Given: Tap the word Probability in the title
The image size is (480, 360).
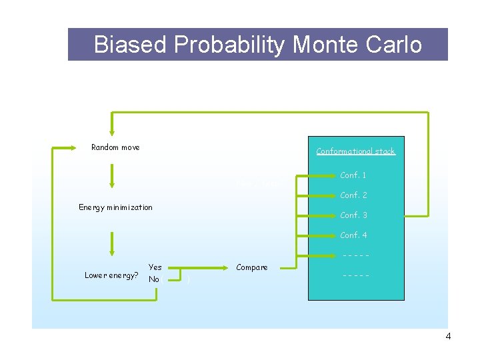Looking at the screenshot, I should tap(230, 45).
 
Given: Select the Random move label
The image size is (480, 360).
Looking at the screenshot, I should tap(115, 147).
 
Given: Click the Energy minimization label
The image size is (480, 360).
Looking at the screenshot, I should tap(115, 207).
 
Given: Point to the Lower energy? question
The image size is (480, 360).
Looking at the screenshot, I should tap(111, 275).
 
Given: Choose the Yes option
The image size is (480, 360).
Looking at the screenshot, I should tap(155, 267).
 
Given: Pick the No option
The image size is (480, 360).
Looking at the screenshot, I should tap(154, 279).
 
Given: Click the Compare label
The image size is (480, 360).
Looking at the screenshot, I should tap(252, 267).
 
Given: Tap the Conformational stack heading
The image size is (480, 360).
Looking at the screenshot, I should tap(355, 151).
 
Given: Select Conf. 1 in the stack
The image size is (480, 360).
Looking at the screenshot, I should tap(353, 176).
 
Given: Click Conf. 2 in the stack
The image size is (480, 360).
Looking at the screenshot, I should tap(353, 196).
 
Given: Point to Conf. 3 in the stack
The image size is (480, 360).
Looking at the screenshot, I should tap(353, 215).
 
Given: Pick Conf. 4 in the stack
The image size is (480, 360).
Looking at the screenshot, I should tap(353, 235).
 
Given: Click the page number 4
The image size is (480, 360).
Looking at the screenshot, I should tap(448, 337).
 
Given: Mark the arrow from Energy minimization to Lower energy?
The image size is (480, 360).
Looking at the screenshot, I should tap(112, 243).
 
